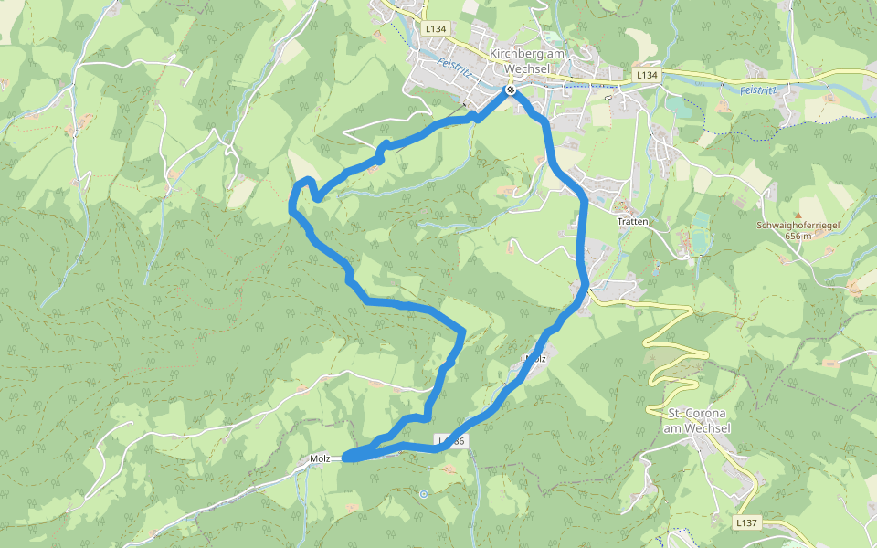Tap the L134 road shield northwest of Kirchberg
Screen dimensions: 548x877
click(437, 29)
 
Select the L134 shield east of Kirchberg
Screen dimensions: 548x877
click(646, 74)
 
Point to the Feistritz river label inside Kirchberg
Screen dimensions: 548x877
click(454, 68)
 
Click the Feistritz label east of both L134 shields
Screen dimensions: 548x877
click(757, 90)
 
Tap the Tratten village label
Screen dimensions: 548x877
click(632, 222)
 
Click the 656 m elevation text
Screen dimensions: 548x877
click(798, 236)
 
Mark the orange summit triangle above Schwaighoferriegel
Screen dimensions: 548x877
click(796, 215)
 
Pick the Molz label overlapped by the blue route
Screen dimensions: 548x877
click(535, 359)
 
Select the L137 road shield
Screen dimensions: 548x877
click(746, 523)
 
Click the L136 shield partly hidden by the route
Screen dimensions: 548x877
click(452, 441)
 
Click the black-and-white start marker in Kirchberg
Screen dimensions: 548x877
click(511, 90)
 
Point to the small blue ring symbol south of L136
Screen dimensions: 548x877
click(423, 494)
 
